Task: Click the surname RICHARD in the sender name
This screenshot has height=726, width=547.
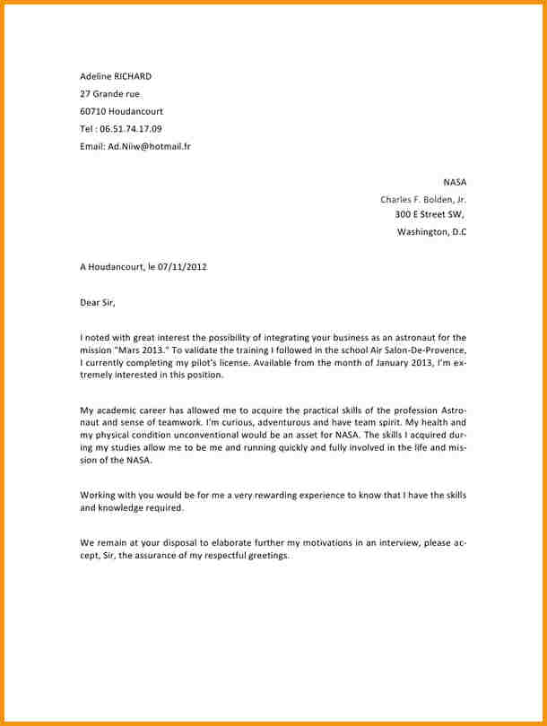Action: (132, 76)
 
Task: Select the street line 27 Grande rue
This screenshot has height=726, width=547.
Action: (109, 93)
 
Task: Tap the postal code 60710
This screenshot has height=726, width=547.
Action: (93, 111)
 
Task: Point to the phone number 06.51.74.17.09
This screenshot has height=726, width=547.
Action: (131, 128)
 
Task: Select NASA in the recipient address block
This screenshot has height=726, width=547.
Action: (455, 181)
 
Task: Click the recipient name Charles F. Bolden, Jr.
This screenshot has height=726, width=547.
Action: (423, 199)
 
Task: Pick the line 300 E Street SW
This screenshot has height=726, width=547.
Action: (429, 214)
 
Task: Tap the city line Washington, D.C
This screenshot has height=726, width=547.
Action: (431, 232)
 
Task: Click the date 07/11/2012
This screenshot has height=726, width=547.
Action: (182, 266)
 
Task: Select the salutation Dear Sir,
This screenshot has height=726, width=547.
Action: (98, 302)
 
